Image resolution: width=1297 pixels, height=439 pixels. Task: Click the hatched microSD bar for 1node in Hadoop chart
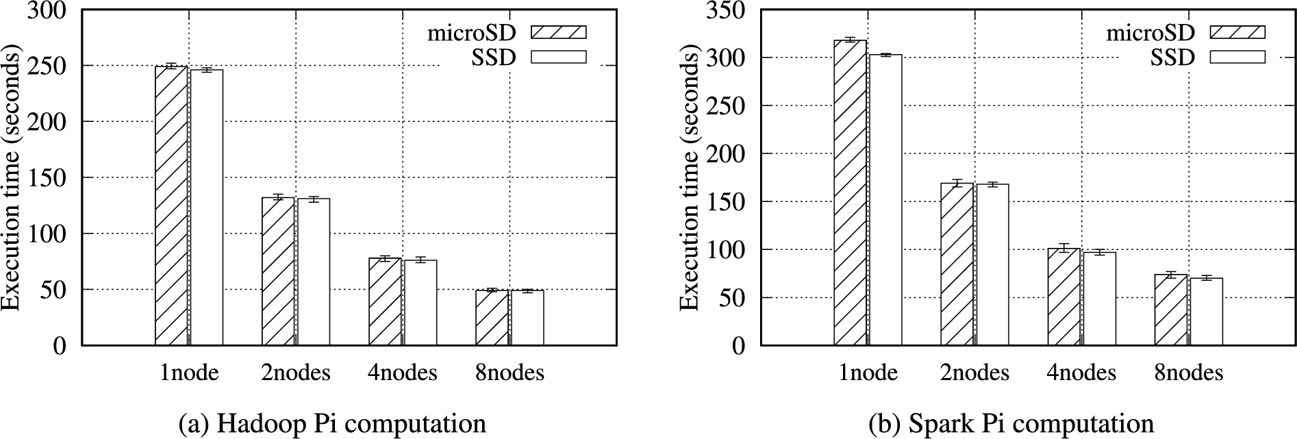[171, 205]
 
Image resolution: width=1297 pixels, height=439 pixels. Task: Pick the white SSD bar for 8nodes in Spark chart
[1206, 312]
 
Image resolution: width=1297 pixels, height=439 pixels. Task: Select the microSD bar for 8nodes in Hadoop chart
[492, 318]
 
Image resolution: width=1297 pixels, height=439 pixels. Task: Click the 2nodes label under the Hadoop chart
[295, 373]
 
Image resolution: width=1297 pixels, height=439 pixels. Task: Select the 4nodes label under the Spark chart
[1081, 373]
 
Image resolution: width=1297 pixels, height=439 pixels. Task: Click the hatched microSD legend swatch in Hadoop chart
[559, 32]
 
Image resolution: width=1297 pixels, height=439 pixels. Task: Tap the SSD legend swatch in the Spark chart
[1237, 57]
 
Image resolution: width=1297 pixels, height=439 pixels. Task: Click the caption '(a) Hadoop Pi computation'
[332, 424]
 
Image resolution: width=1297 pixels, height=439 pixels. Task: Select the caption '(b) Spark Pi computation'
[1011, 424]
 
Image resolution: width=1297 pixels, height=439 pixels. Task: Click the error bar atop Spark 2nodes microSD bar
[957, 183]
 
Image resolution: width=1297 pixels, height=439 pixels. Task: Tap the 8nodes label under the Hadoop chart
[509, 373]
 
